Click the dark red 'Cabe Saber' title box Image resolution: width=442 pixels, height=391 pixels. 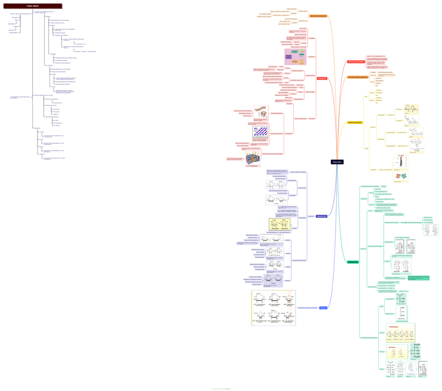pos(32,6)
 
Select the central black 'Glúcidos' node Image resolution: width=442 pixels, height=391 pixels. pos(337,162)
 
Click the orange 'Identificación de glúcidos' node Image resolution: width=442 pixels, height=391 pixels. pos(318,16)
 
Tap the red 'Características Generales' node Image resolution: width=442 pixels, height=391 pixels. pos(356,62)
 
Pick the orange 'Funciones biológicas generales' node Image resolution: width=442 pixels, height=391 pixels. pos(358,77)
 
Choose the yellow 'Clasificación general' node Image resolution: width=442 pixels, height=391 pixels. pos(355,123)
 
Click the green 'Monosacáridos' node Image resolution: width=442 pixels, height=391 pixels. pos(353,262)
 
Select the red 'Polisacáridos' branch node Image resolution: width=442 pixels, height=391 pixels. pos(322,79)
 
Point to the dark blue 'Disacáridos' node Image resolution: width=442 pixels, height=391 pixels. pos(322,216)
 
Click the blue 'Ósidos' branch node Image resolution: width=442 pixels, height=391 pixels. pos(323,308)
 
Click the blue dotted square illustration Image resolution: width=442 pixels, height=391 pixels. pos(261,132)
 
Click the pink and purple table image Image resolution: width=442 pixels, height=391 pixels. pos(295,56)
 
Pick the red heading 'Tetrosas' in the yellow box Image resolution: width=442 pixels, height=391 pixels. pos(393,327)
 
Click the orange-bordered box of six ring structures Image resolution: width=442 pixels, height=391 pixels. pos(274,308)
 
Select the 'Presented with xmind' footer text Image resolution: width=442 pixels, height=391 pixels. pos(221,388)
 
